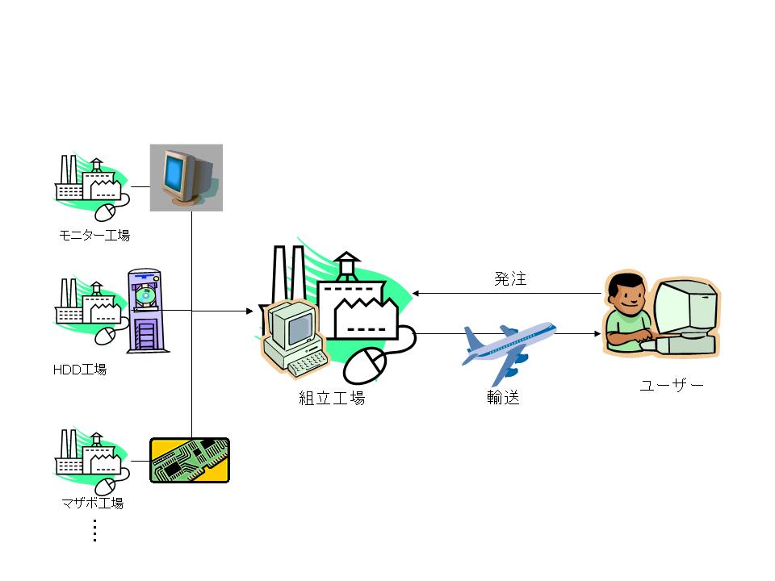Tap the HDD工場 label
[x=79, y=370]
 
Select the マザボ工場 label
[x=93, y=504]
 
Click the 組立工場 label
[x=332, y=398]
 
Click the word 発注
[x=510, y=280]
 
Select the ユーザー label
[x=671, y=386]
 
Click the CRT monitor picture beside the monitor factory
[x=186, y=178]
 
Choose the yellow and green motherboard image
[x=191, y=460]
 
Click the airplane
[x=509, y=349]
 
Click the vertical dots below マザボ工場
[x=94, y=530]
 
